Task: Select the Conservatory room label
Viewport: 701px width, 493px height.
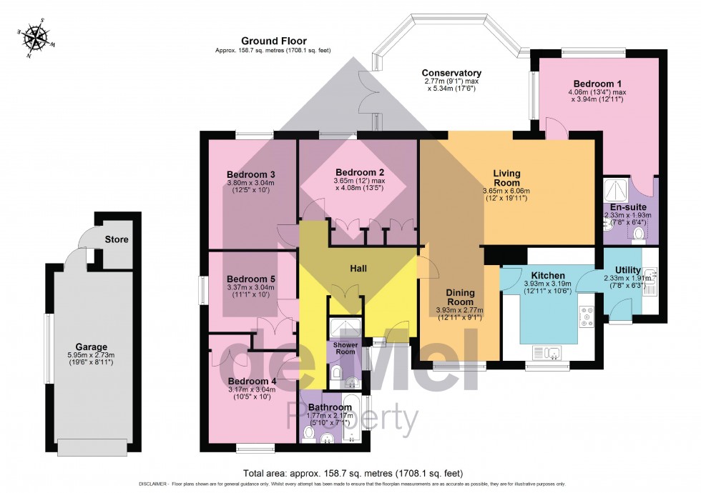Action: point(451,73)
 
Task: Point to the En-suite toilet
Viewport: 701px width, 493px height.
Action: point(639,233)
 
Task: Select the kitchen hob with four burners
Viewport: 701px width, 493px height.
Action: point(587,317)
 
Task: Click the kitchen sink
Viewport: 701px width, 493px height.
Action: point(548,352)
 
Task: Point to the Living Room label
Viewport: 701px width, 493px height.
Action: point(506,178)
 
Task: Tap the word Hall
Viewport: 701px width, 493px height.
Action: point(358,268)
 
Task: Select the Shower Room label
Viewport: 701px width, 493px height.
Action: point(340,349)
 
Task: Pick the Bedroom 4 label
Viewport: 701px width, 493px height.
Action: point(250,381)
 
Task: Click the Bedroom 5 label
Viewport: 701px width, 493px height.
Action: point(250,279)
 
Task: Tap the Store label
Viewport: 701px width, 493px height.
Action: point(116,239)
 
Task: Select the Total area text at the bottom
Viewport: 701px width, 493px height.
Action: point(353,474)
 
